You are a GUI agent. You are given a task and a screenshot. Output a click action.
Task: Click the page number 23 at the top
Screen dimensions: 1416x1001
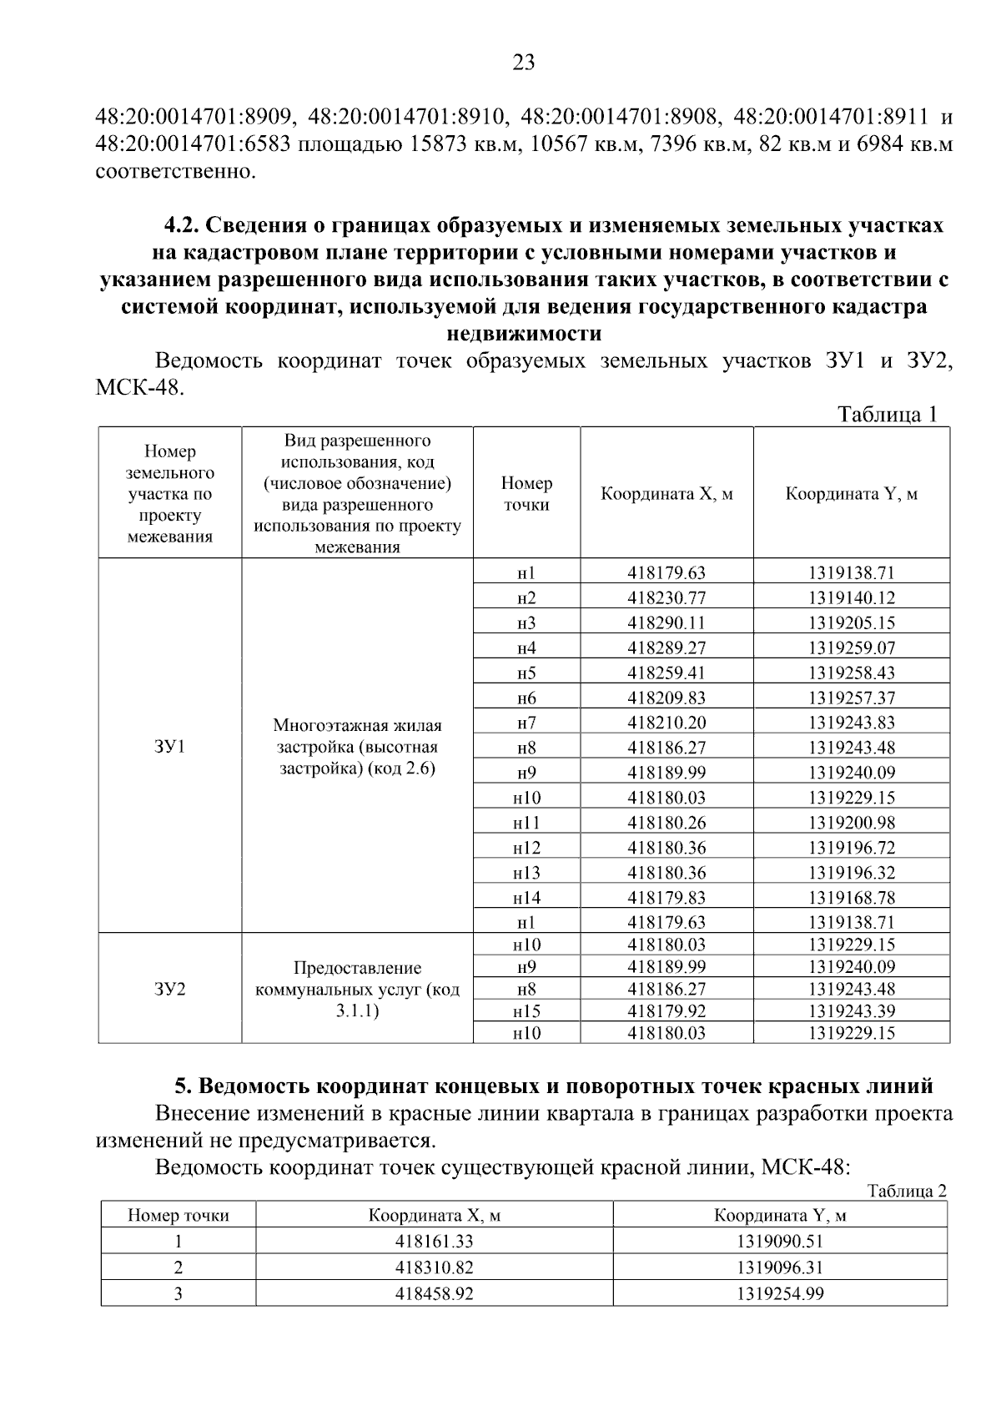(x=523, y=63)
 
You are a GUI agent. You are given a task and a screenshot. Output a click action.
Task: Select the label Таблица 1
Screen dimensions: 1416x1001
(x=888, y=415)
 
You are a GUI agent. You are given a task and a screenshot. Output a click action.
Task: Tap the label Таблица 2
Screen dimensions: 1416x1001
(x=907, y=1191)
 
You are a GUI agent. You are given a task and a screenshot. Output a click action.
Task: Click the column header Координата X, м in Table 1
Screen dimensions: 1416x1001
(x=666, y=493)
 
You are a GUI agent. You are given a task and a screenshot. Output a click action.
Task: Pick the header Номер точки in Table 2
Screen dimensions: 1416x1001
(x=178, y=1215)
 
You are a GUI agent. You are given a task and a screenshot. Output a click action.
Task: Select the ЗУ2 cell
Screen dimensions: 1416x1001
(x=169, y=989)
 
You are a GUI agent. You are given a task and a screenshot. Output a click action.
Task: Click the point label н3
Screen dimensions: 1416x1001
(x=526, y=622)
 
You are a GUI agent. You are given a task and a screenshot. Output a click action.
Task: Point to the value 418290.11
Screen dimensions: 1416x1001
(x=666, y=622)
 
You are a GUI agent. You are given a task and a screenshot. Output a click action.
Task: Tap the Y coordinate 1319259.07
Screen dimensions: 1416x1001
(x=851, y=648)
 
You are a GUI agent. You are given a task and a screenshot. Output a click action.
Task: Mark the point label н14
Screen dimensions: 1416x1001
(x=526, y=898)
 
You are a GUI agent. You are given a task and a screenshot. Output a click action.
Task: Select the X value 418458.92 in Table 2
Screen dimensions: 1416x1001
(x=434, y=1293)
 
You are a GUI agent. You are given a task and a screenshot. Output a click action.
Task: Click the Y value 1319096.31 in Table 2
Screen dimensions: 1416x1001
(x=779, y=1267)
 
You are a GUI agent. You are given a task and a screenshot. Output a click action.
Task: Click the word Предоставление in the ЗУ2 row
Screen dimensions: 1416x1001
(x=357, y=968)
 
